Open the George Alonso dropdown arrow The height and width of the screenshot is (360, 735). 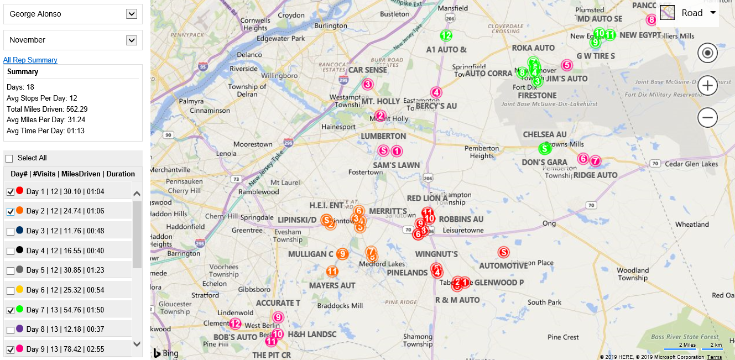(132, 14)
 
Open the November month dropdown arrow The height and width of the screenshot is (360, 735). (132, 40)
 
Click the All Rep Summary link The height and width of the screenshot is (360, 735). (30, 60)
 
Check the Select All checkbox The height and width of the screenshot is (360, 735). (9, 158)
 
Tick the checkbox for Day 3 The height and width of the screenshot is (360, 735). (10, 231)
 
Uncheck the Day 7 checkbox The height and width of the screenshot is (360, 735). (10, 310)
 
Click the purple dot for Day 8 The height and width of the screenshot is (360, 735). (20, 328)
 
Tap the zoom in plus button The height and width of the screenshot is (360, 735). (707, 86)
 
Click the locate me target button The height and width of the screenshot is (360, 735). (707, 54)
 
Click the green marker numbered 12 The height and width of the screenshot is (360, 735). (446, 35)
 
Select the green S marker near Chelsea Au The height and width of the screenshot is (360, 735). (545, 148)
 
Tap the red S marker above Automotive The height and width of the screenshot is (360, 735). (503, 252)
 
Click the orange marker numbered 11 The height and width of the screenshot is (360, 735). (332, 271)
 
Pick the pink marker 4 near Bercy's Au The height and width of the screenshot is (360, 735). (436, 92)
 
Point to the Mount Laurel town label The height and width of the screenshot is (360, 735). (286, 182)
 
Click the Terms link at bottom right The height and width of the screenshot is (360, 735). (714, 357)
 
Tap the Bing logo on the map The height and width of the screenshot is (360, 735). (165, 353)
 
